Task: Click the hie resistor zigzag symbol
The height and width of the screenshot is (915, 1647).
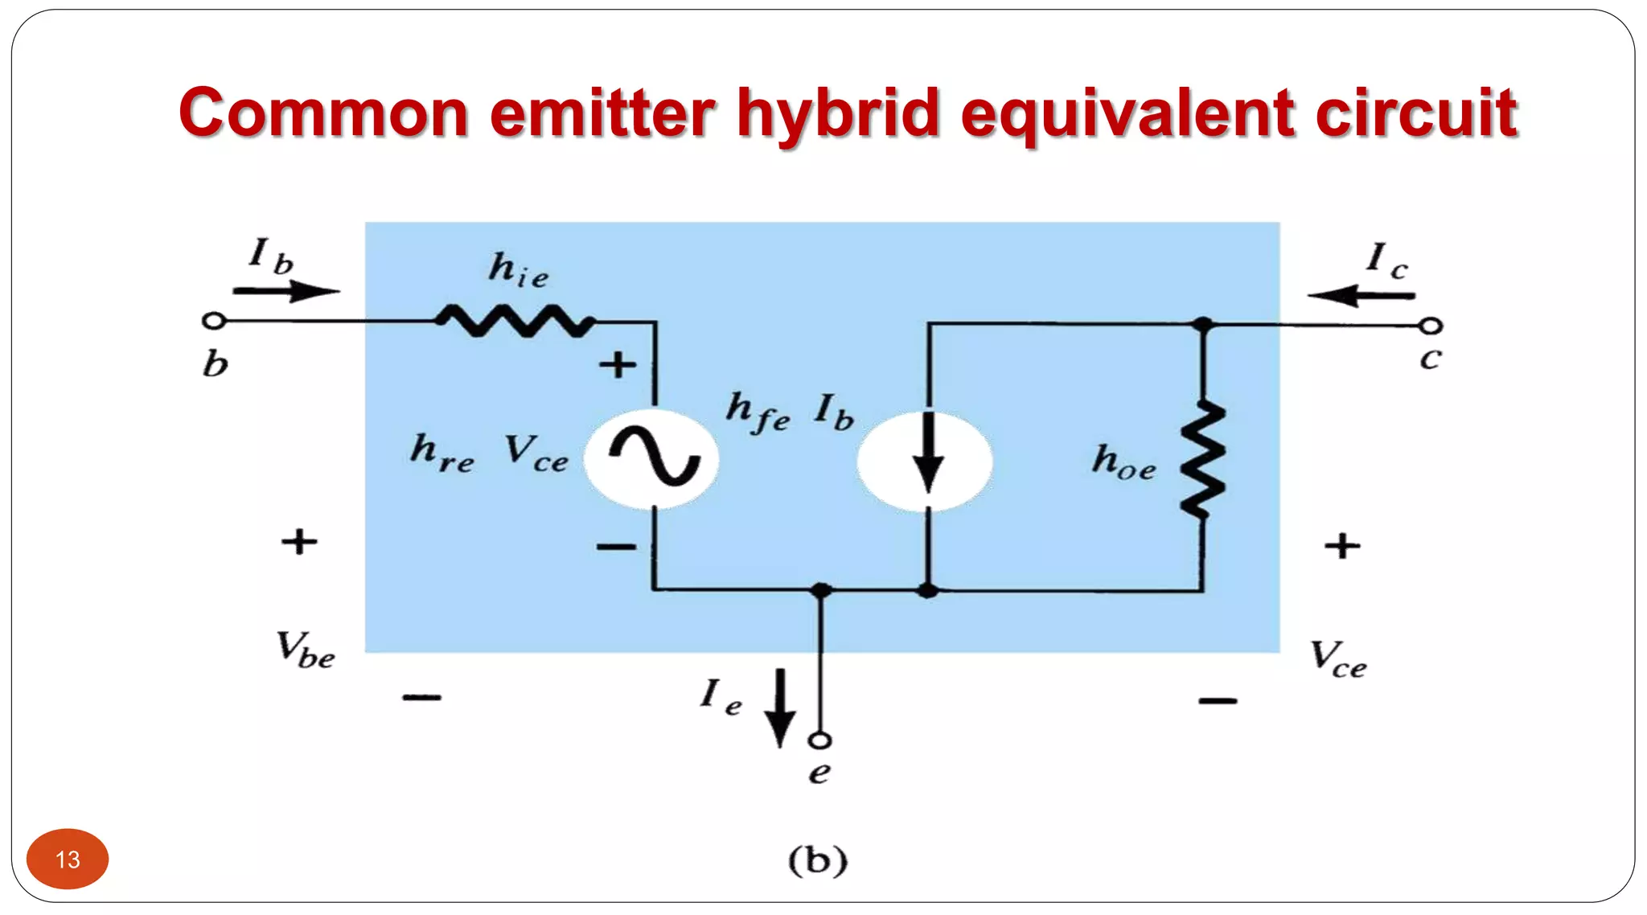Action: point(515,321)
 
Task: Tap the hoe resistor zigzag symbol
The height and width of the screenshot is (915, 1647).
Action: point(1202,460)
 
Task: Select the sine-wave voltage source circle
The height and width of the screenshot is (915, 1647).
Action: point(651,459)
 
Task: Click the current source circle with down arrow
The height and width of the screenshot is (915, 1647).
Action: point(926,461)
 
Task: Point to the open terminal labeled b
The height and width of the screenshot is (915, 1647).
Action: point(213,321)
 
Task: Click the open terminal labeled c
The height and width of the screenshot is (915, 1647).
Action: point(1431,326)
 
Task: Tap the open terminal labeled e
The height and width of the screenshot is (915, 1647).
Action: point(820,740)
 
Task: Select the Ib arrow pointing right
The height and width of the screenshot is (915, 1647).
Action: point(285,291)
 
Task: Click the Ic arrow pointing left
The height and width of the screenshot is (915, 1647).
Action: point(1361,296)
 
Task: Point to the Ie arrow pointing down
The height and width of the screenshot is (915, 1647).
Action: point(779,708)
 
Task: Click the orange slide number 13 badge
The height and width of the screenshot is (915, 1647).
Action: point(68,859)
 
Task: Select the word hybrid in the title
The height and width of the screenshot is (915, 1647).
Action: point(838,113)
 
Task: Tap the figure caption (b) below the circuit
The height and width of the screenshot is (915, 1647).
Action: point(818,860)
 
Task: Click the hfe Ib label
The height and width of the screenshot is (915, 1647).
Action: point(790,412)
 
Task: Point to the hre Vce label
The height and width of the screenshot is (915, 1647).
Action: point(490,453)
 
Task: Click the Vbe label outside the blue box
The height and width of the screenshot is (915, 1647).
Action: point(305,650)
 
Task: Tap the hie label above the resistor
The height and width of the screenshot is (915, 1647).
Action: point(519,270)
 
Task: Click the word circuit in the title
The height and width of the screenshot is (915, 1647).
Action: point(1416,113)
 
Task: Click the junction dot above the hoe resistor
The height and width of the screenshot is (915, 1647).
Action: point(1202,325)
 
